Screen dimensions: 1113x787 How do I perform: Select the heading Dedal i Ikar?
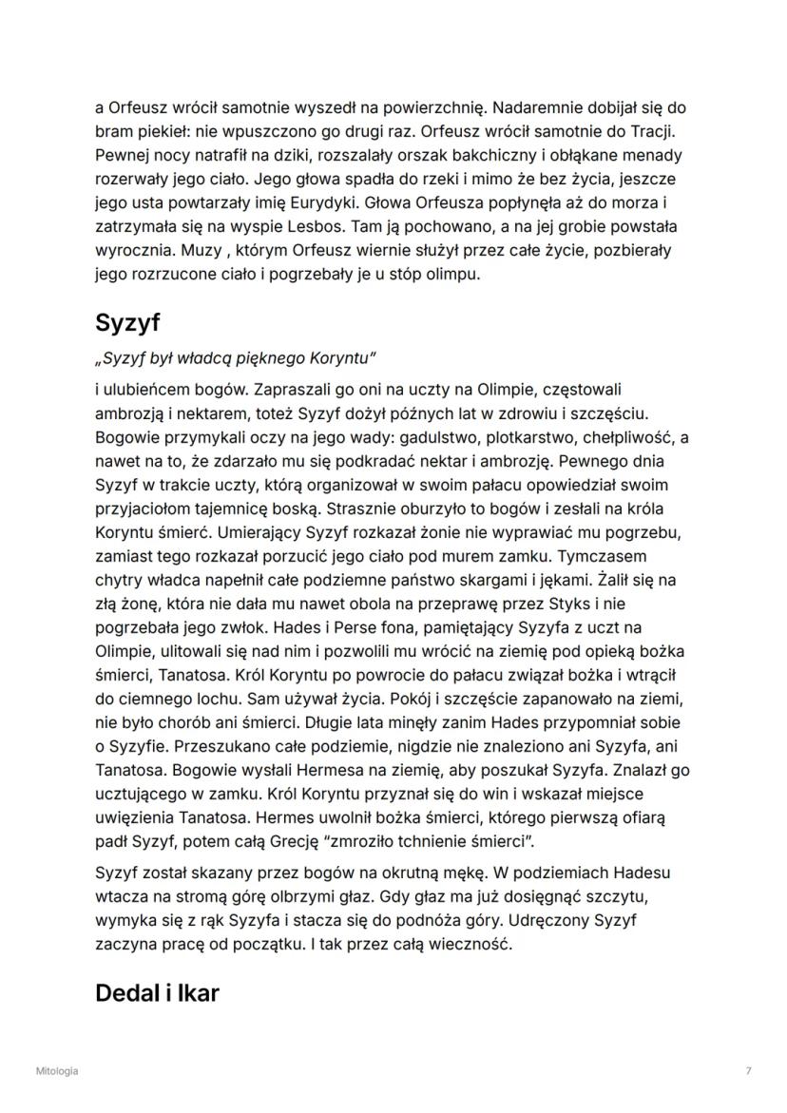pos(157,994)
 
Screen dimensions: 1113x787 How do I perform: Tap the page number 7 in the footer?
pos(749,1071)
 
